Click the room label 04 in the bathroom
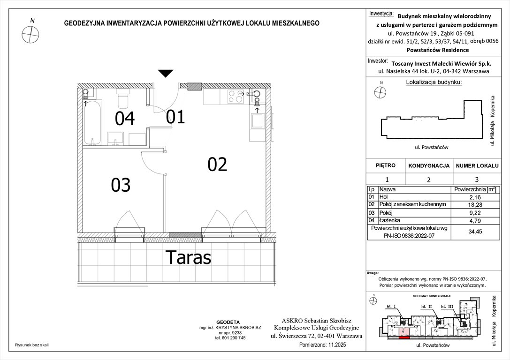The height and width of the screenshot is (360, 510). point(125,119)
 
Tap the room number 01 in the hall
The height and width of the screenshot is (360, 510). point(175,117)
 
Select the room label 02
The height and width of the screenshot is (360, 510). point(217,164)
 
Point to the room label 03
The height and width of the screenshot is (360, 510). point(121,186)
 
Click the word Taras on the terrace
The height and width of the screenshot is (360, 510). point(188,257)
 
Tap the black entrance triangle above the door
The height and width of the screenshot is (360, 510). point(165,73)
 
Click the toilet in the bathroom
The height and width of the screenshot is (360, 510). point(123,100)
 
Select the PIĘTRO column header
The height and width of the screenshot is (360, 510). point(386,166)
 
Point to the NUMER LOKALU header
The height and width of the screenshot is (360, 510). point(476,166)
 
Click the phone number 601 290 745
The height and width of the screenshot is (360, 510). point(230,338)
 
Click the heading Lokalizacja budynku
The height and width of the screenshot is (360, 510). point(433,82)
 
